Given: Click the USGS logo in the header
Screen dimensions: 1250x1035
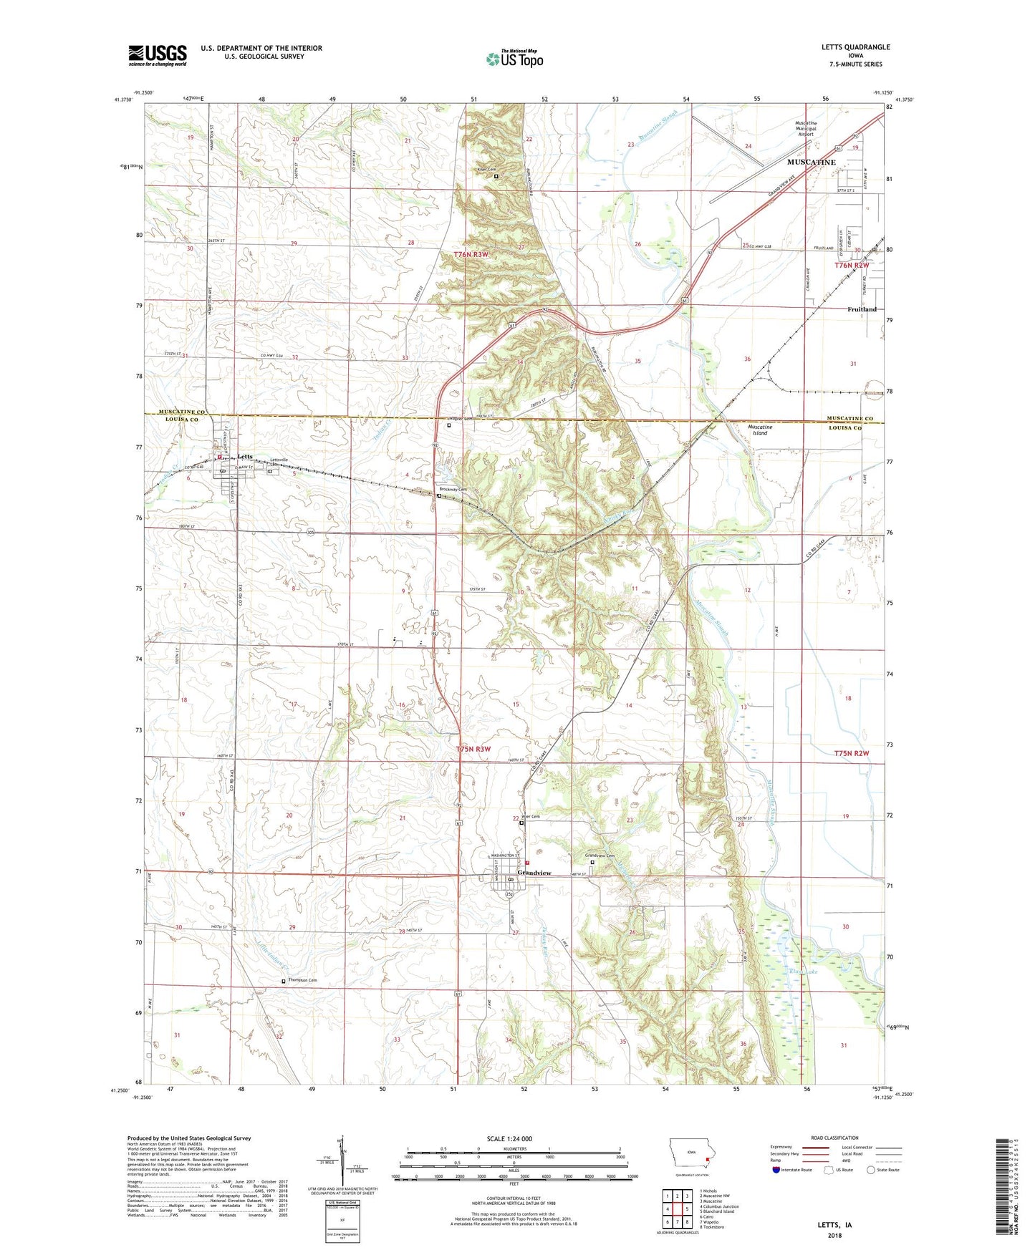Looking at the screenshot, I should (x=158, y=55).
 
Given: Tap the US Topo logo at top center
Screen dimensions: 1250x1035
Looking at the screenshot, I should (x=514, y=59).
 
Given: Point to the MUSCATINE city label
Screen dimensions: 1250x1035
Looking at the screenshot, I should (x=811, y=163).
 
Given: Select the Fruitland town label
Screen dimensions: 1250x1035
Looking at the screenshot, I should (x=862, y=309).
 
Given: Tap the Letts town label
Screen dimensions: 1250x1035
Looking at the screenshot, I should (x=245, y=456).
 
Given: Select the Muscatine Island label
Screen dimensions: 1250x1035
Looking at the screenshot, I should (x=759, y=430).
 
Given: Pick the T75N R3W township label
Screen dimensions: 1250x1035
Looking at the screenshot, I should (x=473, y=749).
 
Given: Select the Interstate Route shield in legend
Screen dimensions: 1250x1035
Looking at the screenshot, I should (x=777, y=1169).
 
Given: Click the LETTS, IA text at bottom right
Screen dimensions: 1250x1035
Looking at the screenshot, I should (x=834, y=1225).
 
